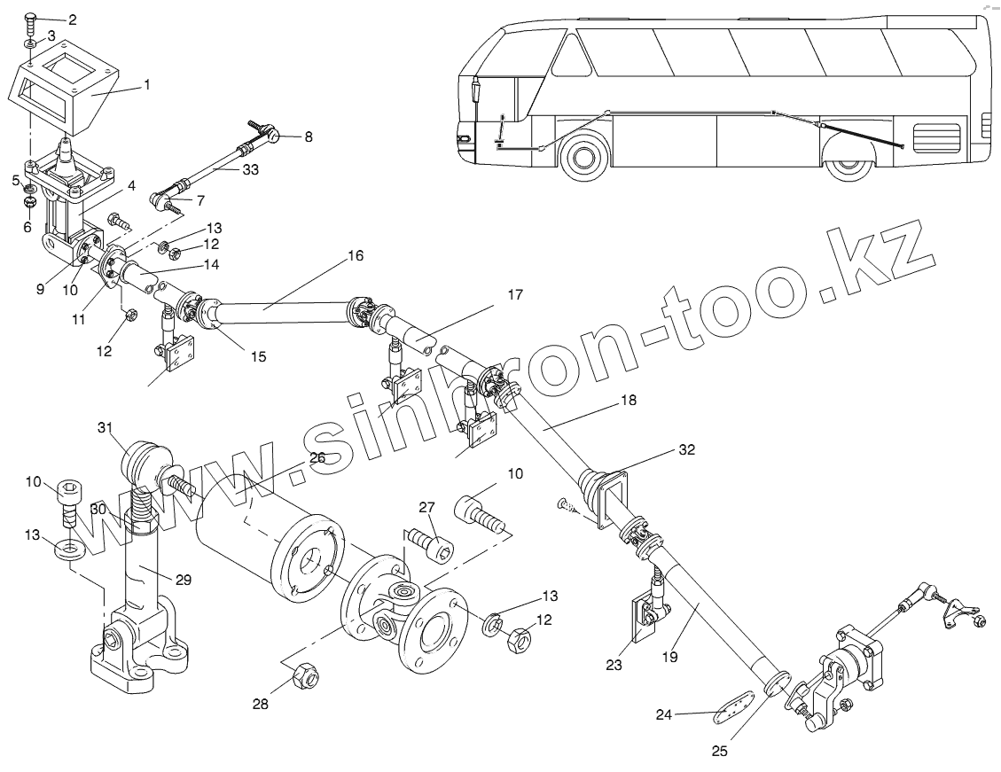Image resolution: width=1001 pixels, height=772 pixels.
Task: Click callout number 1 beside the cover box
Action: point(146,85)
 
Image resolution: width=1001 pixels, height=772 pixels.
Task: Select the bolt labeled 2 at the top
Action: point(29,19)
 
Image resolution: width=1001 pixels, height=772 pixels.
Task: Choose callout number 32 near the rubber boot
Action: point(686,449)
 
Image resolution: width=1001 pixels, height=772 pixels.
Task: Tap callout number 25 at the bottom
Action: point(718,752)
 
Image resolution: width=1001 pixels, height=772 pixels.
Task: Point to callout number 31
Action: point(106,429)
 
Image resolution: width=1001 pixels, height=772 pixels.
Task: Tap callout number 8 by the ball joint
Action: point(308,136)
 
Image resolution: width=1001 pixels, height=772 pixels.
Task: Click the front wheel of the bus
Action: point(583,160)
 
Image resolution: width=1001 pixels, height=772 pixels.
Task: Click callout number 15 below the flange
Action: point(257,357)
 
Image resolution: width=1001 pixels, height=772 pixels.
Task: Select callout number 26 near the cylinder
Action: point(317,458)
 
